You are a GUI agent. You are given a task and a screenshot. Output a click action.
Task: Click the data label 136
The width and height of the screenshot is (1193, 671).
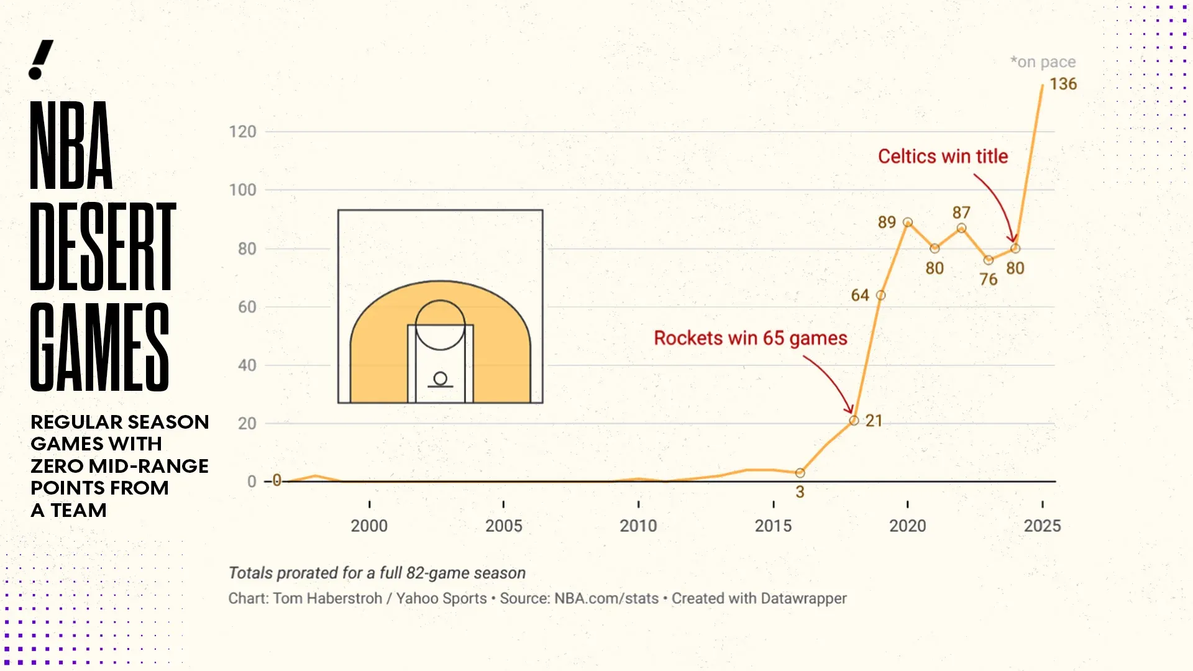(x=1063, y=84)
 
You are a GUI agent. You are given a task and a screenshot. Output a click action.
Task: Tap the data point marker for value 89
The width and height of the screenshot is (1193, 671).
(x=908, y=222)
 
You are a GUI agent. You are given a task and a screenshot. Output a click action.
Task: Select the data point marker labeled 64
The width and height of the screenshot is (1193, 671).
(x=880, y=295)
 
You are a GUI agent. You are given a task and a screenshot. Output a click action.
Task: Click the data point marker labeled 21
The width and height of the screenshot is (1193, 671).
(x=854, y=421)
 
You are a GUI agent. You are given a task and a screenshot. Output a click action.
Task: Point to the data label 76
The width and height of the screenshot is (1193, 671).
(x=989, y=280)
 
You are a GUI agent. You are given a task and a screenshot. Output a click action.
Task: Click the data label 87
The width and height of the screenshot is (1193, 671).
(x=961, y=212)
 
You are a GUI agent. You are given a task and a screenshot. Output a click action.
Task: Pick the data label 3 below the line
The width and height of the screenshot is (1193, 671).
(x=800, y=492)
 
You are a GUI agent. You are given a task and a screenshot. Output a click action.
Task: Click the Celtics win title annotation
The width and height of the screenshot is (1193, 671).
(x=943, y=157)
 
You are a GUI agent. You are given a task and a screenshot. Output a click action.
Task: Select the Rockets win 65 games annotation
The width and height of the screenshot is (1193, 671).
(x=751, y=338)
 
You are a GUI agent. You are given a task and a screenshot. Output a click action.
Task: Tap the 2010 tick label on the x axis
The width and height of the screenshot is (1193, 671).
(x=638, y=526)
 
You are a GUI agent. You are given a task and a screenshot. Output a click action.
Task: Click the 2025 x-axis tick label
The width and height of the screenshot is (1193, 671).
(x=1042, y=526)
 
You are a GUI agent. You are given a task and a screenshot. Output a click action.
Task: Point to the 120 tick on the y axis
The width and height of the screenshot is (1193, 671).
(x=242, y=132)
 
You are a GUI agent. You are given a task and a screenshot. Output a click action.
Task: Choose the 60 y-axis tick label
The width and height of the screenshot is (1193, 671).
(x=247, y=307)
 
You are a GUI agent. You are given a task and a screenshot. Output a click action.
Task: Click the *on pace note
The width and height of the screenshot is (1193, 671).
(x=1043, y=62)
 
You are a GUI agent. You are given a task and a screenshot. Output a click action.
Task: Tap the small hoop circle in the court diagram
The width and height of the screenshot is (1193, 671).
(x=441, y=378)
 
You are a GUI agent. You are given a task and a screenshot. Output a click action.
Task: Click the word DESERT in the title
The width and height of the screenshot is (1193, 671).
(x=103, y=247)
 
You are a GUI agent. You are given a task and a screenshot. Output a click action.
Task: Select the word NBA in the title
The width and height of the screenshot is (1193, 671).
(x=71, y=145)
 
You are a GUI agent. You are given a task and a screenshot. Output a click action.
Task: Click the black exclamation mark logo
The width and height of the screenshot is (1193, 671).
(x=41, y=60)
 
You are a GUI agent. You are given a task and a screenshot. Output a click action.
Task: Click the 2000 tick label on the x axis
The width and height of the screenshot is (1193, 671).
(x=369, y=526)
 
